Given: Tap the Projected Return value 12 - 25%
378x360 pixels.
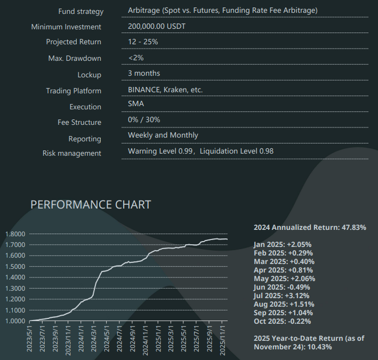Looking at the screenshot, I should (143, 42).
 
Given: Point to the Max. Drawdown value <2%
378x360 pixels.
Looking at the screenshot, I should (136, 58).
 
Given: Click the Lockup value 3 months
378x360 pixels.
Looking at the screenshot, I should (144, 73).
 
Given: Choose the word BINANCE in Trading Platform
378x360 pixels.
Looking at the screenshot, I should (144, 90).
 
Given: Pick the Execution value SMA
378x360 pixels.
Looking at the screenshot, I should (136, 104).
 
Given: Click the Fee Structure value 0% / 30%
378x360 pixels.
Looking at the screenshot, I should (144, 119).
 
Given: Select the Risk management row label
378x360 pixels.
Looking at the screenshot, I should (72, 154).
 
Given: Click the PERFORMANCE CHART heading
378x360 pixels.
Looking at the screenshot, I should (91, 205).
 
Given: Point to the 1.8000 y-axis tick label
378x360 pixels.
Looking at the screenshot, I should (15, 234).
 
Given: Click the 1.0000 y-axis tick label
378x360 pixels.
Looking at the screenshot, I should (15, 321).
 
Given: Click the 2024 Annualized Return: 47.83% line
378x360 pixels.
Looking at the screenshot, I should (310, 227).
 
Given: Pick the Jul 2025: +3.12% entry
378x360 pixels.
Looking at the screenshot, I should (283, 295).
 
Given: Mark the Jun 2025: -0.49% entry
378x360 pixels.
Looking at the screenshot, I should (283, 287).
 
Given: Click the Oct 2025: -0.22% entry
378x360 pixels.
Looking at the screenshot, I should (283, 321).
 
